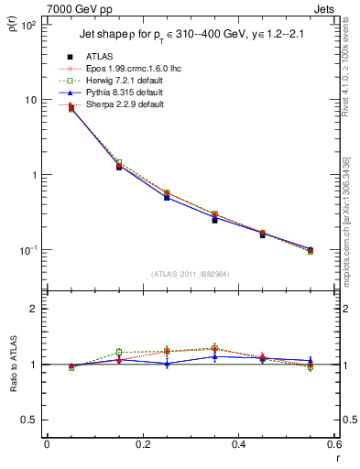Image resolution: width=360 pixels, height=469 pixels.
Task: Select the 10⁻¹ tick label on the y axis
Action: pos(29,250)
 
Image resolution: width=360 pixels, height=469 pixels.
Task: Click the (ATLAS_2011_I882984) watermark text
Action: pos(191,274)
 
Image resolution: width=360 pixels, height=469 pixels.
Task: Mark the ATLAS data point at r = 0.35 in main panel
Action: pos(214,220)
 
